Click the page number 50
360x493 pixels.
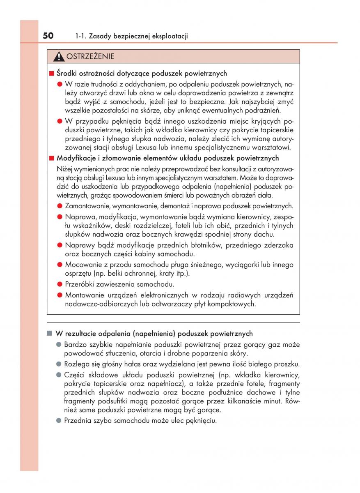(48, 36)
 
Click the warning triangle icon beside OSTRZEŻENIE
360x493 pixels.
(60, 57)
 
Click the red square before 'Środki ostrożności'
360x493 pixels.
(52, 74)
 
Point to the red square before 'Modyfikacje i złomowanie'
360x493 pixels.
(52, 158)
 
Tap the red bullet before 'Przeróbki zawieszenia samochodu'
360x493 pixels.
(60, 284)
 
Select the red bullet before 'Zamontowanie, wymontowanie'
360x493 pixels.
(60, 206)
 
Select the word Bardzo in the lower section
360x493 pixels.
(75, 344)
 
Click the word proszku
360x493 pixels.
(287, 364)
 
